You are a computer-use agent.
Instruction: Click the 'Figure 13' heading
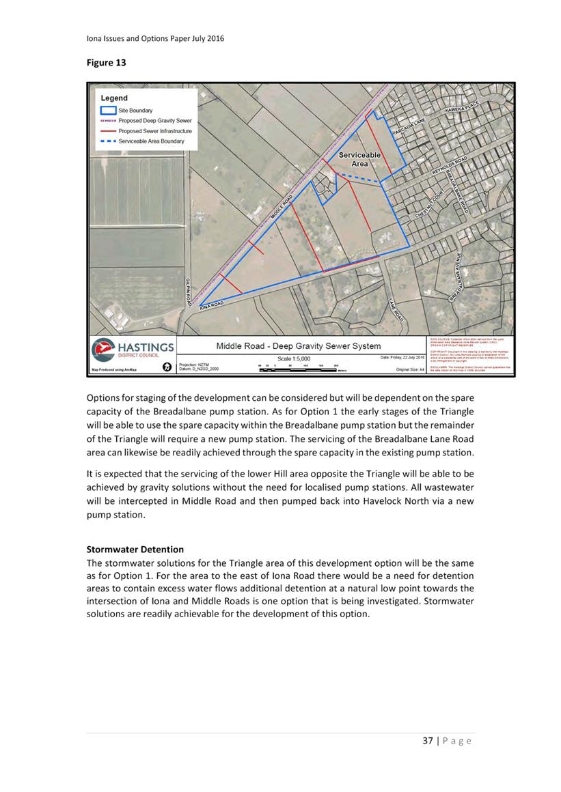106,63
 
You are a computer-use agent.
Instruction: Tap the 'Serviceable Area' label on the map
359,160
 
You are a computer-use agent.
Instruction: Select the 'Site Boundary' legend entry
135,110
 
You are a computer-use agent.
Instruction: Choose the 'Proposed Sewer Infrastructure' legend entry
155,130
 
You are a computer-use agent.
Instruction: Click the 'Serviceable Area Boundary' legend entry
151,141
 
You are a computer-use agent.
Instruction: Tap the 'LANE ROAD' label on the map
396,310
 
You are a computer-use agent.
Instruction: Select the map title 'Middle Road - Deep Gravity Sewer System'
299,346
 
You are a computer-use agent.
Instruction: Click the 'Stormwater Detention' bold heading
135,549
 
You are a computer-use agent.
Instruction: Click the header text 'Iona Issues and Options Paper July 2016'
154,38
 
